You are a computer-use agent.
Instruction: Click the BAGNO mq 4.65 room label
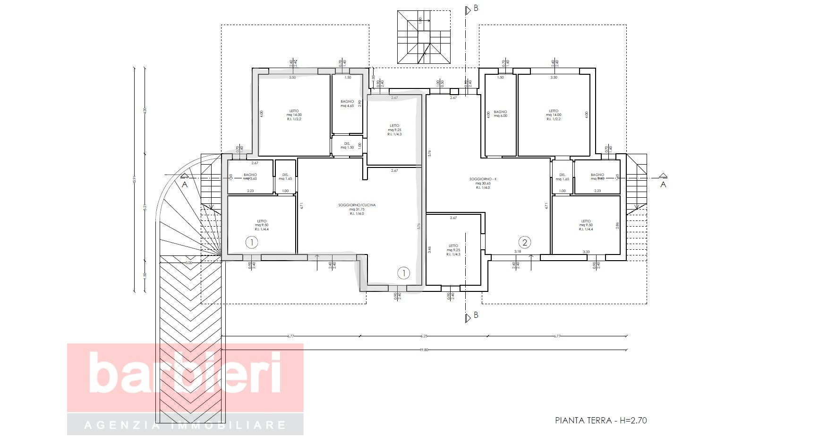click(x=347, y=104)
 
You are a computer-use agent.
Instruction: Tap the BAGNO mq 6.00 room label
click(x=500, y=114)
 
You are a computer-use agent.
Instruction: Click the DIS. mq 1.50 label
click(x=347, y=145)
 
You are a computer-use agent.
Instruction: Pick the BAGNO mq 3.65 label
click(x=250, y=176)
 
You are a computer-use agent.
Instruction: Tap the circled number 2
click(x=524, y=242)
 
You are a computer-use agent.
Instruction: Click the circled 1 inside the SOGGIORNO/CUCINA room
click(x=403, y=272)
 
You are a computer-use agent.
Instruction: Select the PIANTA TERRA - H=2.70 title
click(x=601, y=420)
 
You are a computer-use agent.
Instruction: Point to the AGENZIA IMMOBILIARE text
click(x=185, y=425)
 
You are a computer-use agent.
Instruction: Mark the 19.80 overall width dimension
click(x=423, y=350)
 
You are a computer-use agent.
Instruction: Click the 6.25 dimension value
click(x=424, y=336)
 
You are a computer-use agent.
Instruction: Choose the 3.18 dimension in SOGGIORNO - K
click(x=517, y=252)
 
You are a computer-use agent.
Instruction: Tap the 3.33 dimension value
click(x=586, y=252)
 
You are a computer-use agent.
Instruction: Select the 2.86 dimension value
click(x=617, y=226)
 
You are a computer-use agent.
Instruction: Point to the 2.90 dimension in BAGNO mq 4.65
click(x=360, y=103)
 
